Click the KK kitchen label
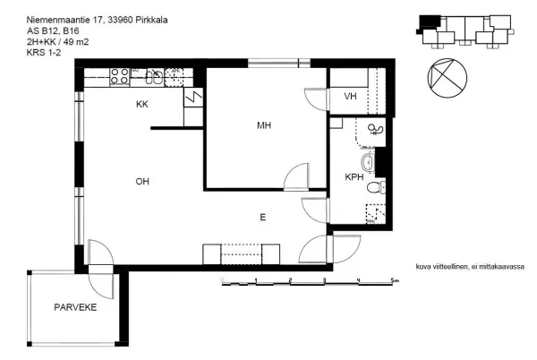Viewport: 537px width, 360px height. (x=142, y=104)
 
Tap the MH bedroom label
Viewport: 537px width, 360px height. (x=264, y=125)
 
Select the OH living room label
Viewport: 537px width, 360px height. (x=142, y=181)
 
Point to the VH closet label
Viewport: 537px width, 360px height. (x=350, y=96)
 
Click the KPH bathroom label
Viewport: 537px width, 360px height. (x=354, y=177)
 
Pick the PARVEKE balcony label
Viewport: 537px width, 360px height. (x=75, y=307)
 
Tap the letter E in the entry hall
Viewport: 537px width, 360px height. (x=262, y=218)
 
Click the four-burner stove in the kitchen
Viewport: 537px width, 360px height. (x=120, y=76)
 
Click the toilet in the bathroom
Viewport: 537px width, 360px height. (x=376, y=188)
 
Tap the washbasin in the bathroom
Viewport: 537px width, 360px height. (x=369, y=162)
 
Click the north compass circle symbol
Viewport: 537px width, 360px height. (x=447, y=78)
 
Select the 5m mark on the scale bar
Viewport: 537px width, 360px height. (x=395, y=280)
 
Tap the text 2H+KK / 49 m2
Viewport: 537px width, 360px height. (x=57, y=42)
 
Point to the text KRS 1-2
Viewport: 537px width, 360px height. (x=44, y=53)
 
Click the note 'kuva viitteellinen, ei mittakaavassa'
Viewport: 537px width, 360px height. (x=470, y=267)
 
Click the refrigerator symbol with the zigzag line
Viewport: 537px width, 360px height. (x=193, y=98)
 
